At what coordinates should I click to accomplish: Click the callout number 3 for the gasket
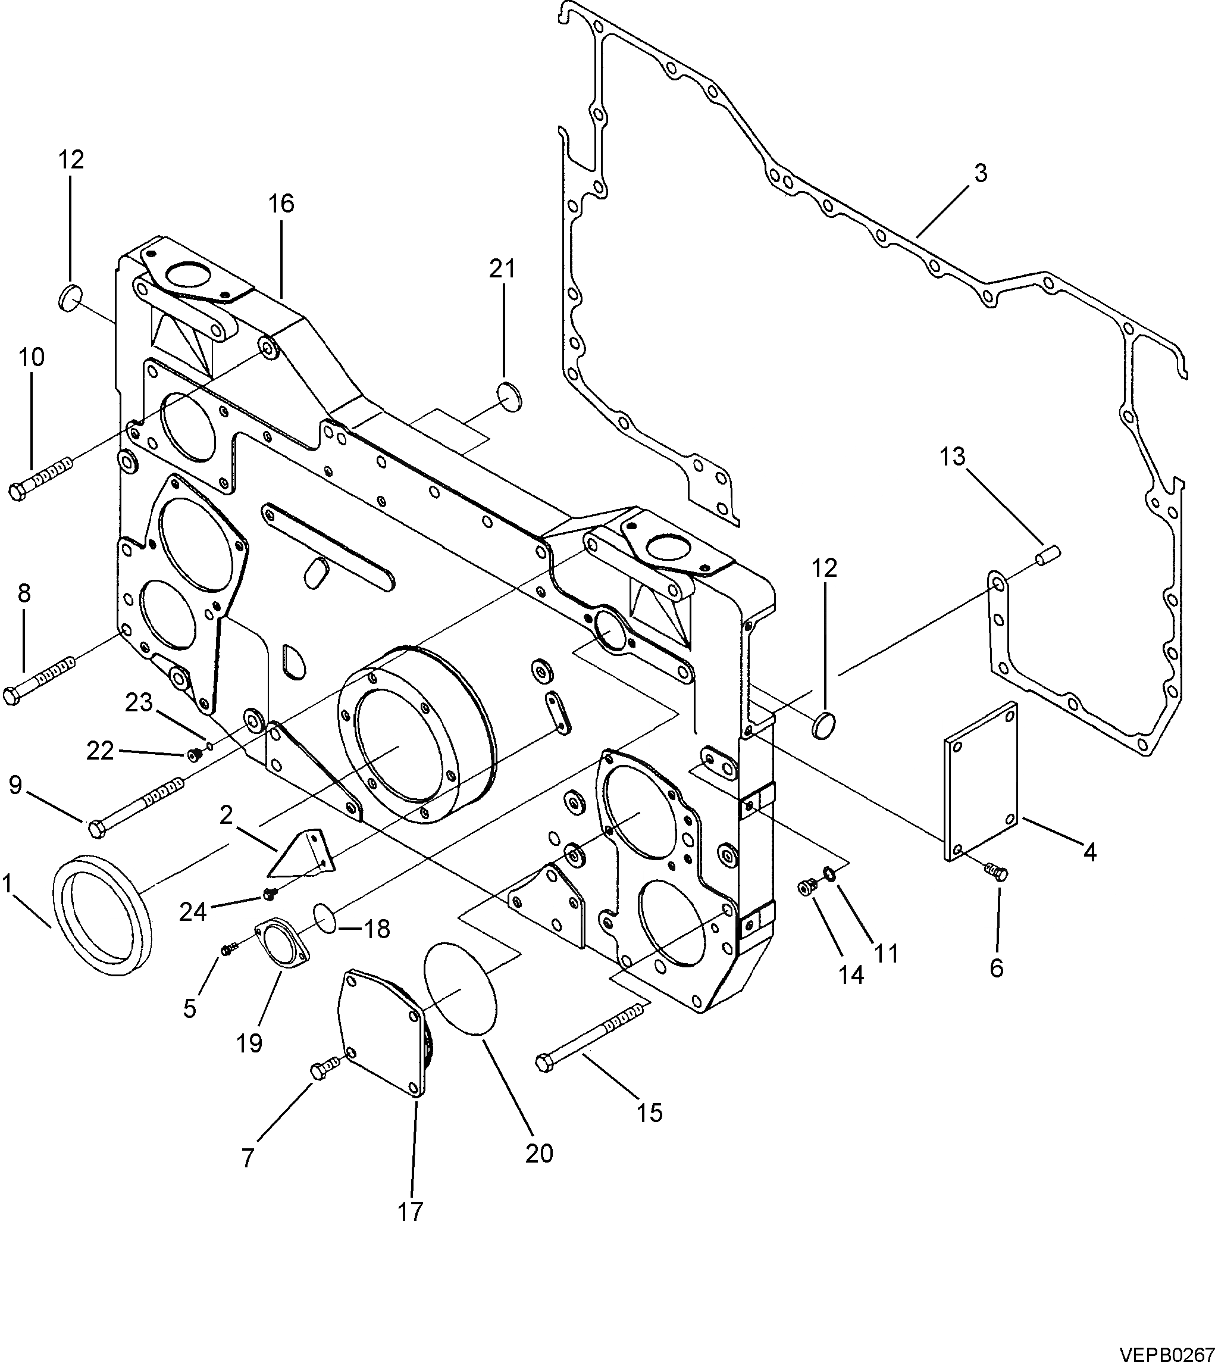[x=979, y=174]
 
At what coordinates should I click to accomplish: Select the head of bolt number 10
[x=17, y=492]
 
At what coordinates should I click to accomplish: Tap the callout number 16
[x=281, y=203]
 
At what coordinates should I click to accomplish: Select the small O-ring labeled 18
[x=325, y=918]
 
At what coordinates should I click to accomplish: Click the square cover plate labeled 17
[x=383, y=1032]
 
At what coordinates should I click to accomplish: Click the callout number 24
[x=193, y=912]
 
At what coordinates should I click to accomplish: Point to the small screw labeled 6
[x=997, y=871]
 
